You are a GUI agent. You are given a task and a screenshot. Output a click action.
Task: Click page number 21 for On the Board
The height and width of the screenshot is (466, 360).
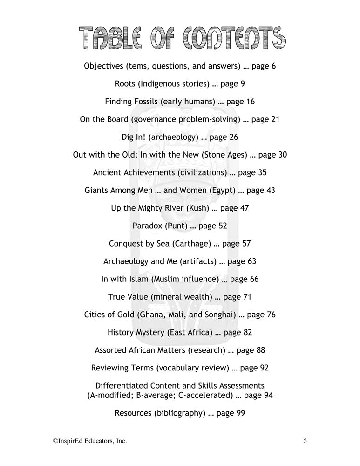(275, 119)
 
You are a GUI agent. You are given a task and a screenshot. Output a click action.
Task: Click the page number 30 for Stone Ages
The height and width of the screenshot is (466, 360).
(282, 154)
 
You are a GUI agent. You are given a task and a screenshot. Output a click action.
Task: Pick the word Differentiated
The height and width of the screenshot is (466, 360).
(122, 386)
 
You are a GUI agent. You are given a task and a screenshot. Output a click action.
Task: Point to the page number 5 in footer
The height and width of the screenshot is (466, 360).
(305, 440)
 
